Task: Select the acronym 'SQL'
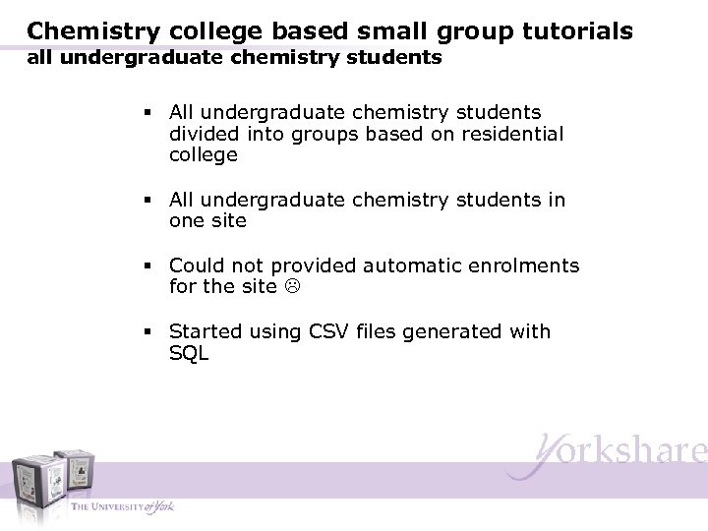(189, 354)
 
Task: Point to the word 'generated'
(457, 332)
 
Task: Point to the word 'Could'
(197, 265)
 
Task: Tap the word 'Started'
(206, 332)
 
